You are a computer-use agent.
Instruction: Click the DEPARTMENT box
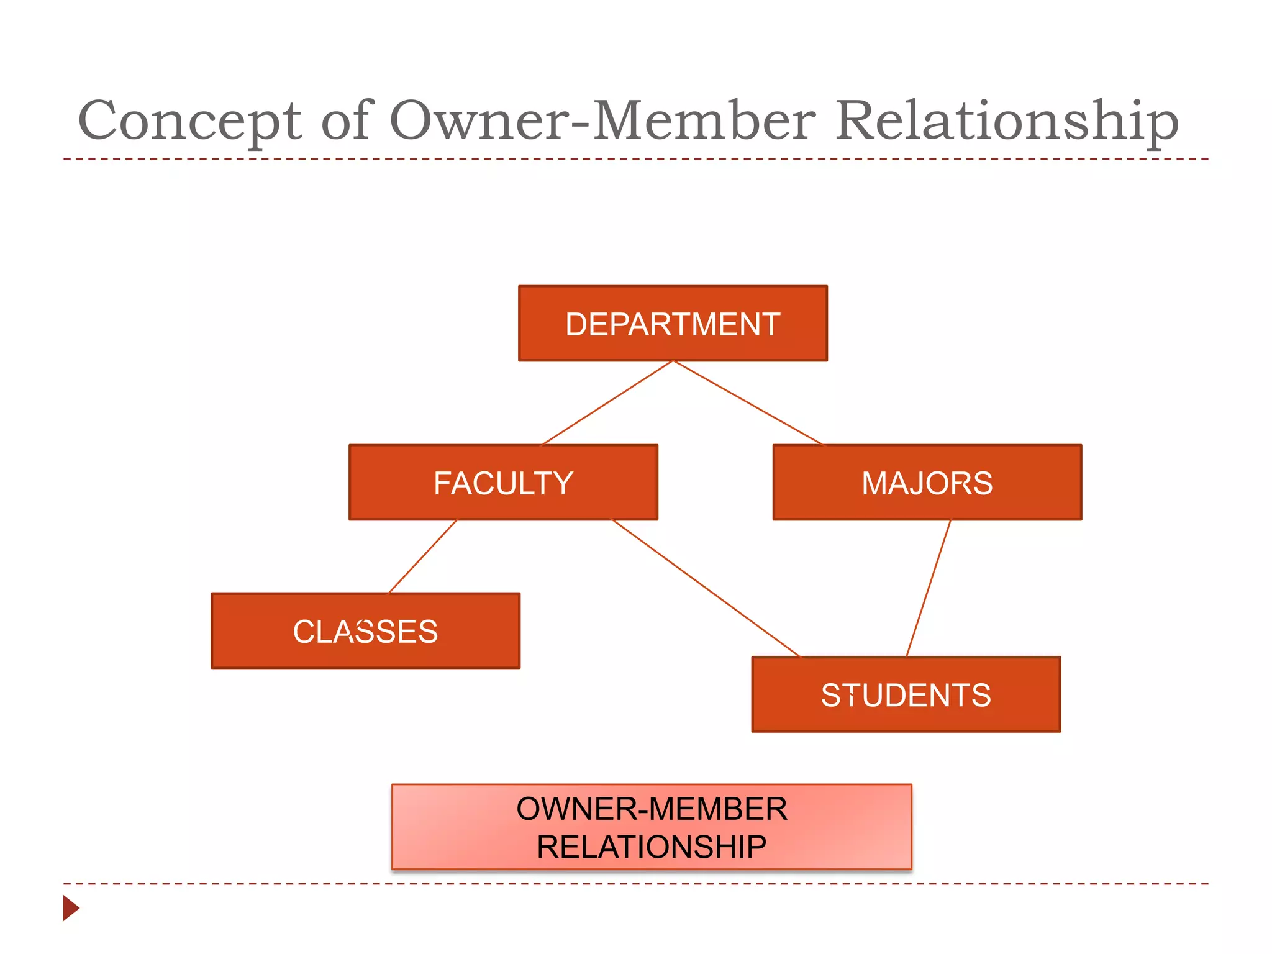673,323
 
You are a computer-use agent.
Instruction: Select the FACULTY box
503,482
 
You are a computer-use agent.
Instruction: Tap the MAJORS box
927,482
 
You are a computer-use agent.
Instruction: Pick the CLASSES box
365,630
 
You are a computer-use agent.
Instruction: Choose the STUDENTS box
906,694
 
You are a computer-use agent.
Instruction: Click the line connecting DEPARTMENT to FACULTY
607,402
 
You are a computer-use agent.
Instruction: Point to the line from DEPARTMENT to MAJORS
748,402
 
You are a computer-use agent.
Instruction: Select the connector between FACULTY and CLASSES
422,556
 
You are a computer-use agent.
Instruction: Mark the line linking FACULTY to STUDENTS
706,588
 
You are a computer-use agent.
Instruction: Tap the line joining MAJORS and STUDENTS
929,588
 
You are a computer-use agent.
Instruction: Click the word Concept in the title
189,120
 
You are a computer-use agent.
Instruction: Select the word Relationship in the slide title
1006,120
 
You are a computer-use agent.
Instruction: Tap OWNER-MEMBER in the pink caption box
652,809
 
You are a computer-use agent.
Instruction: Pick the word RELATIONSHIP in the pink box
652,847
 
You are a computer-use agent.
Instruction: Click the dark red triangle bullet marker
70,908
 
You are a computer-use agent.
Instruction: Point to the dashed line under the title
636,159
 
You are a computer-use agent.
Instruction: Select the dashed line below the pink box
636,883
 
